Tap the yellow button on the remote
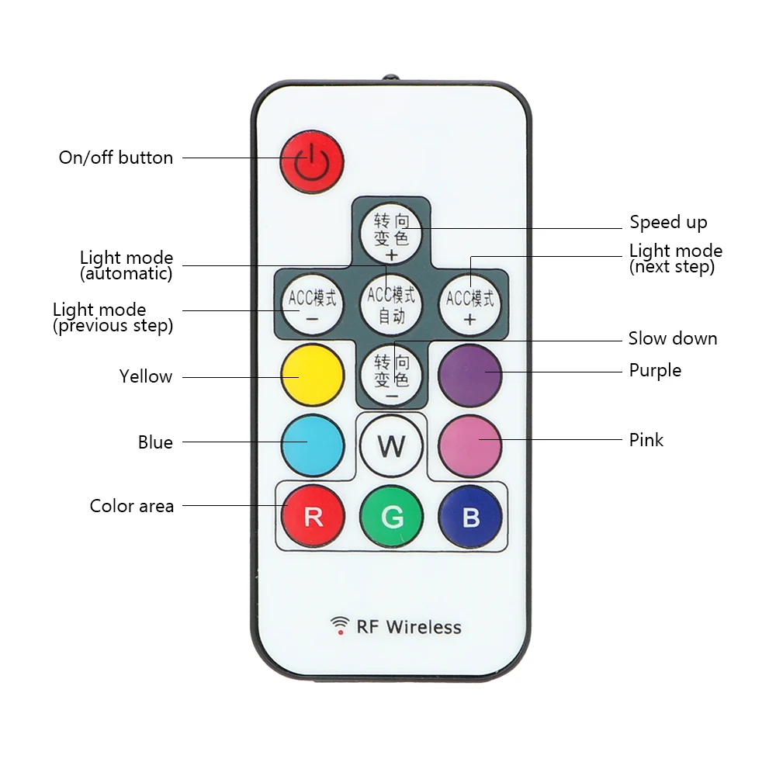(312, 375)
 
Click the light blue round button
(312, 445)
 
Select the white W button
(391, 445)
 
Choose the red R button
(313, 516)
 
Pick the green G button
(391, 516)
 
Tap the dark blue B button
(470, 516)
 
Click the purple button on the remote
(470, 375)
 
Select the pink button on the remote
(470, 445)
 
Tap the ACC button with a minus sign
(312, 305)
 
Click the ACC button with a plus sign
(470, 305)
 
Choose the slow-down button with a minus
(391, 374)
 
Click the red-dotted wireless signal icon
(340, 625)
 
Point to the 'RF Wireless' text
(409, 627)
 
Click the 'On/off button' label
(116, 158)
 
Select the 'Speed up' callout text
(669, 223)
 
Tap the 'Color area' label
(132, 506)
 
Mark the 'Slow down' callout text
(673, 338)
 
